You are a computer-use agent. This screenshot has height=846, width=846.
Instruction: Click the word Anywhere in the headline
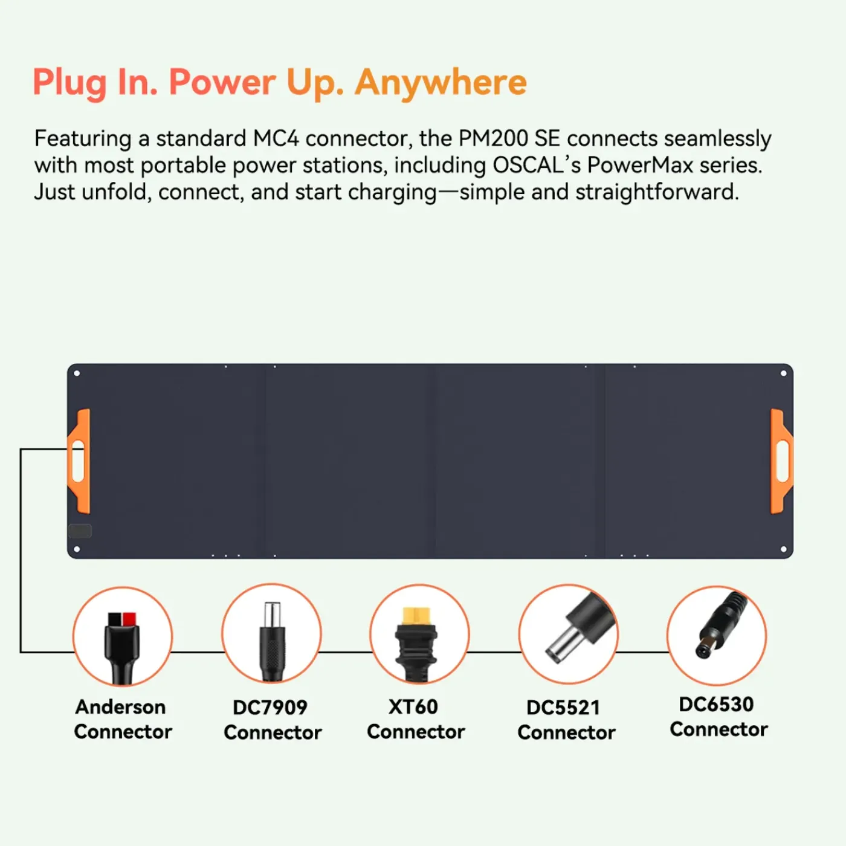click(x=441, y=83)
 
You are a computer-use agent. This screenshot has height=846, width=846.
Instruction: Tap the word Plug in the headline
click(x=70, y=83)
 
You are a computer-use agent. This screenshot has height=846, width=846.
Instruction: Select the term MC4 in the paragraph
click(x=276, y=139)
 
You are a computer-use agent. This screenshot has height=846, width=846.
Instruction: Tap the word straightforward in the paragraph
click(x=657, y=192)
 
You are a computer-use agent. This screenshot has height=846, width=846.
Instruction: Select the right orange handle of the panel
click(x=782, y=461)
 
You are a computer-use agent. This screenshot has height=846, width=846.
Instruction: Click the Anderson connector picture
click(x=123, y=636)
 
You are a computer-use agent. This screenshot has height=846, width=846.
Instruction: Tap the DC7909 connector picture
click(x=271, y=633)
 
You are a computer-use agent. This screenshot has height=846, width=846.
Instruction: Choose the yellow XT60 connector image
click(x=419, y=634)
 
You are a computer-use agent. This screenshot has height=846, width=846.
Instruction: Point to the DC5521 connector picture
click(x=568, y=634)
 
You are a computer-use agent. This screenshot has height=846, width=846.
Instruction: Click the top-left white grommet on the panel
click(x=77, y=373)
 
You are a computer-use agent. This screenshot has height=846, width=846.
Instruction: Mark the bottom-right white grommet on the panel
click(x=784, y=549)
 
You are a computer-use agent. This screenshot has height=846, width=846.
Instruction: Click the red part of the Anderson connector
click(x=129, y=619)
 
